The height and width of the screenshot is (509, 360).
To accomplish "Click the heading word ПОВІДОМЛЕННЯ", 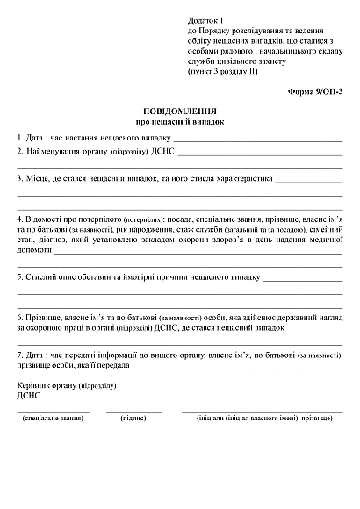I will pyautogui.click(x=180, y=112).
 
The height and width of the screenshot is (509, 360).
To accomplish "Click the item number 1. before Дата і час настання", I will pyautogui.click(x=20, y=139).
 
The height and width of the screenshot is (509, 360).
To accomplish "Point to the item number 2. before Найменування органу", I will pyautogui.click(x=20, y=151).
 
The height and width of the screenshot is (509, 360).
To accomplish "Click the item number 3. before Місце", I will pyautogui.click(x=20, y=178).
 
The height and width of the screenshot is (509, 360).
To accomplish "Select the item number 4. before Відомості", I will pyautogui.click(x=20, y=217).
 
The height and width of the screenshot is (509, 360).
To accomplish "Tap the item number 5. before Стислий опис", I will pyautogui.click(x=20, y=277).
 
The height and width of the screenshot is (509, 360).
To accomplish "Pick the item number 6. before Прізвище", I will pyautogui.click(x=20, y=316).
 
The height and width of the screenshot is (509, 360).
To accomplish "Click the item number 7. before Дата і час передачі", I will pyautogui.click(x=20, y=355).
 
